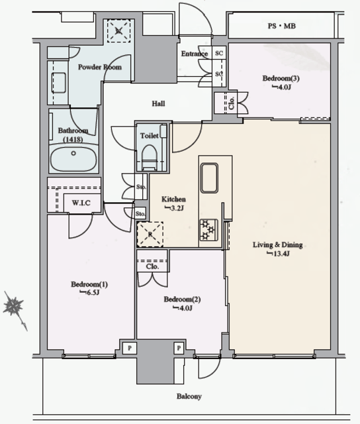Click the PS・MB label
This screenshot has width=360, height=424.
coord(282,26)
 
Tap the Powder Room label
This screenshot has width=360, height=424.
coord(100,67)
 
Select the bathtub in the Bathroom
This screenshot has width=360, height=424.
coord(73,159)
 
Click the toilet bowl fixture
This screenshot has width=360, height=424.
coord(150,157)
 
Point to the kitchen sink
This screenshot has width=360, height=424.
coord(209,178)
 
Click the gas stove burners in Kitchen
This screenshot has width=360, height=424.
coord(208,230)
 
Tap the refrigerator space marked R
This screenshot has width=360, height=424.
coord(150,234)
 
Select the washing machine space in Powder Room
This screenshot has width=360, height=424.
coord(118,31)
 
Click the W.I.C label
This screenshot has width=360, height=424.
coord(81,203)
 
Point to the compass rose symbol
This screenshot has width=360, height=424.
coord(13,306)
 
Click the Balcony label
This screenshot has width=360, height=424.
coord(189,396)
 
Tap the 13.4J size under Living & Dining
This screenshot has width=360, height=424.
coord(278,254)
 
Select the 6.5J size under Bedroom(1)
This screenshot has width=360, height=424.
coord(89,292)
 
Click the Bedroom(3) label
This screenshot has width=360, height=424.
coord(281,78)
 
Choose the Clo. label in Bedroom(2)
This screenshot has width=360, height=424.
coord(152,266)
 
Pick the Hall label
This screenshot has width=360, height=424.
coord(158,103)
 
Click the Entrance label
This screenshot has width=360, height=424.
coord(195,54)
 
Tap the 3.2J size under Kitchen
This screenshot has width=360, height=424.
coord(175,208)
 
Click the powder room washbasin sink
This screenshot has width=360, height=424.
coord(59,82)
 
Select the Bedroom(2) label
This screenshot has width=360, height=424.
coord(182,299)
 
